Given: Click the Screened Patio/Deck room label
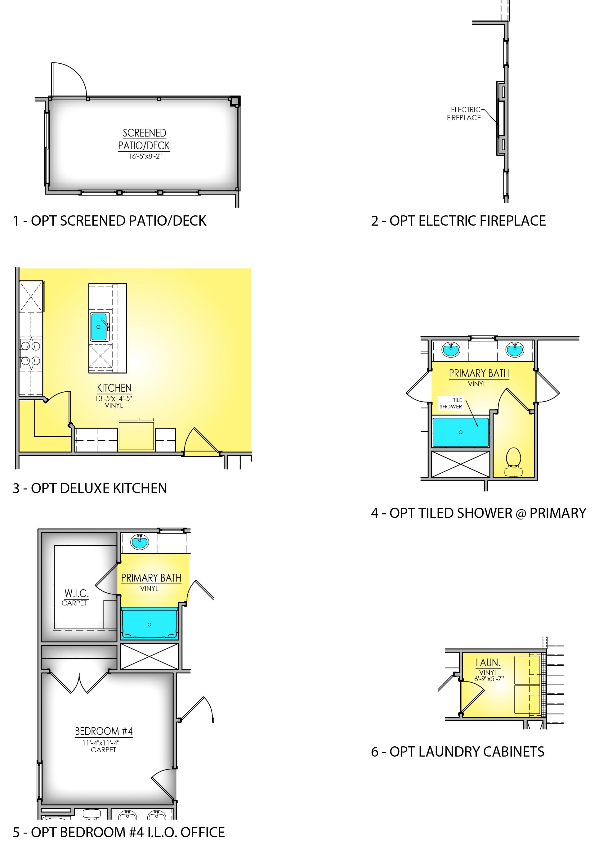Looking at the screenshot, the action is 144,139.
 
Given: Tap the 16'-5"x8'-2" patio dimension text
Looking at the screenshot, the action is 145,156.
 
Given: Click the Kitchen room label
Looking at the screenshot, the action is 114,388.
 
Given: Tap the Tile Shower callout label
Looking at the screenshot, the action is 451,403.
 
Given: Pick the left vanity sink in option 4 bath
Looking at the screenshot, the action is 451,349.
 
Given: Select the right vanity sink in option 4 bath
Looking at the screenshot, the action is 515,349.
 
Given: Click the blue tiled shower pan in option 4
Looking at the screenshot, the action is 461,432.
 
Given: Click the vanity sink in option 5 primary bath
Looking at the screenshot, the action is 140,542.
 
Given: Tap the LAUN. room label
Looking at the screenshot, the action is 488,662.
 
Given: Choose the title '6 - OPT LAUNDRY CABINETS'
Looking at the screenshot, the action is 458,752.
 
